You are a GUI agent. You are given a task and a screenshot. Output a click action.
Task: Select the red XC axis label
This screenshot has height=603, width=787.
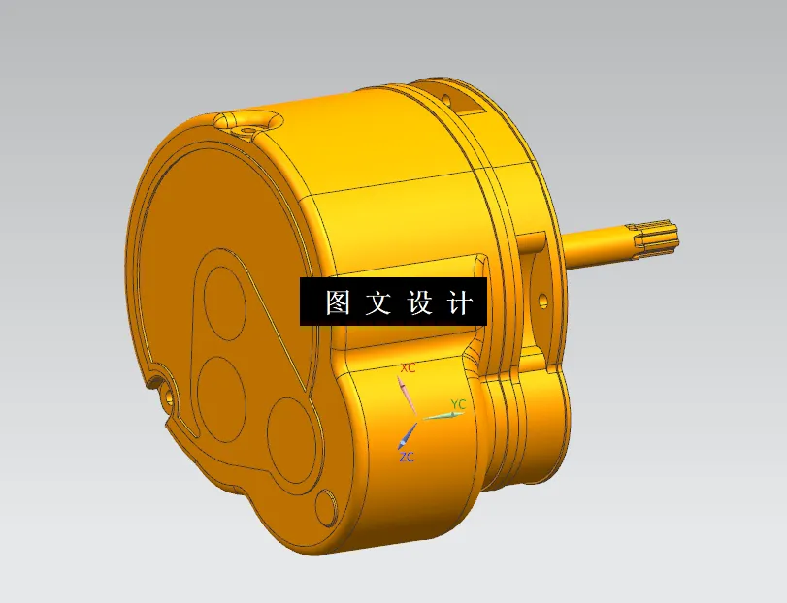(409, 369)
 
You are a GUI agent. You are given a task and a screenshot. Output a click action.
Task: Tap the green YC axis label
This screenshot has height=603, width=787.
(459, 403)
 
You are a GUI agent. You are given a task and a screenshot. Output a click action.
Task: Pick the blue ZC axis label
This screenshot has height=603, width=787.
(406, 457)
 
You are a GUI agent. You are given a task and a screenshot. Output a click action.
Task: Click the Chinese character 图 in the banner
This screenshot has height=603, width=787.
(338, 303)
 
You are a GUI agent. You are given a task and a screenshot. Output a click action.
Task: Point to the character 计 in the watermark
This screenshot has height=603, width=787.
(461, 303)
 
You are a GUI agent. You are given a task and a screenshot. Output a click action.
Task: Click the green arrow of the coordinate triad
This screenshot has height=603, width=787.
(442, 415)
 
